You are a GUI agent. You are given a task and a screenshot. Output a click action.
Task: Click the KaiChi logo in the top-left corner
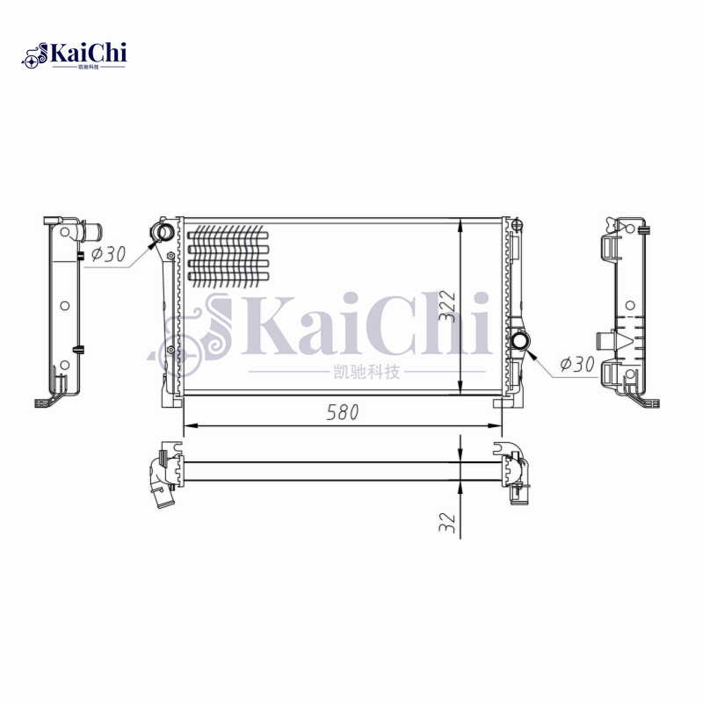coord(75,54)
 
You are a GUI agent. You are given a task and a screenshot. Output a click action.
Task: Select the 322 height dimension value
coord(449,307)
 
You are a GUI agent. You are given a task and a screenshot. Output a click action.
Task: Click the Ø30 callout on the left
coord(109,255)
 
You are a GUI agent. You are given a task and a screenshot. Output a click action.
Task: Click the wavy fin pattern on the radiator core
coord(228,255)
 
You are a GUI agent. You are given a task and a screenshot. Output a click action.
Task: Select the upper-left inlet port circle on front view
coord(163,232)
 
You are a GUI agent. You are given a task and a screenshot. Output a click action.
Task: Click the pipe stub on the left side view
coord(91,234)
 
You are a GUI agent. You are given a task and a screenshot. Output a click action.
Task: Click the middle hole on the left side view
coord(64,306)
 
